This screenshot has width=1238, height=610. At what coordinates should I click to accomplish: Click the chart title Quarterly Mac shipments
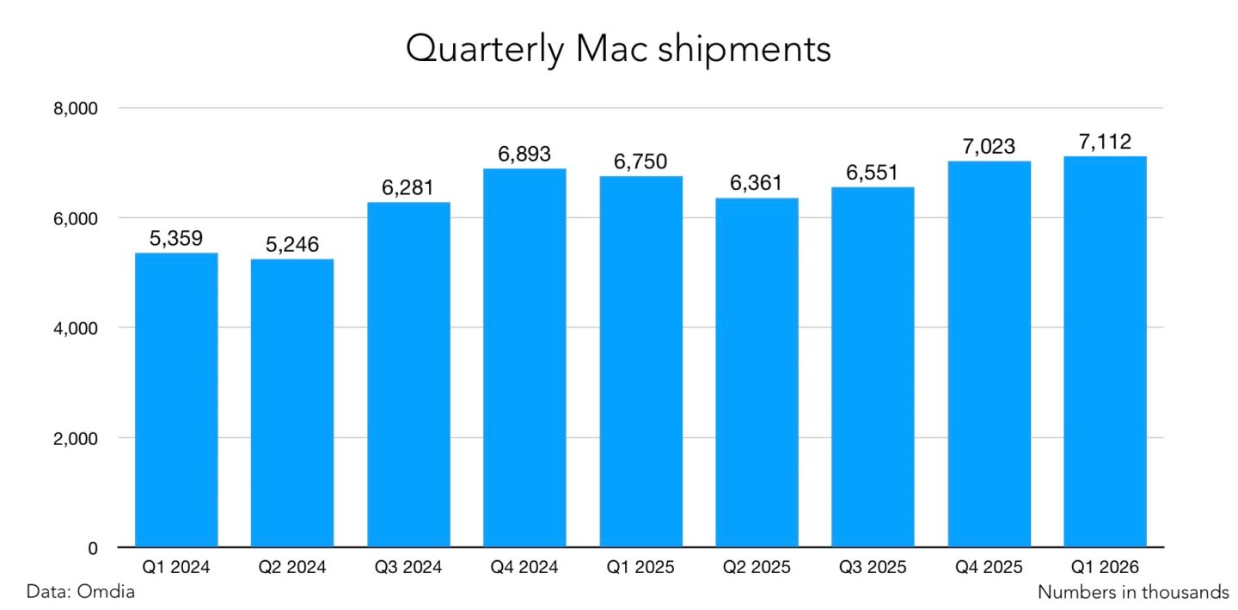click(x=618, y=50)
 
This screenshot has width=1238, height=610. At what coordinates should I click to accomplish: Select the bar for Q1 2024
click(x=176, y=400)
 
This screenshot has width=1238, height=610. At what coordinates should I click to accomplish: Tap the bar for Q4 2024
click(x=524, y=358)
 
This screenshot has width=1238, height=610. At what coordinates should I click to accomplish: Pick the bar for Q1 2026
click(x=1105, y=352)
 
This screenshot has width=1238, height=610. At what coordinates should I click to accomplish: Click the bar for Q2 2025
click(x=757, y=373)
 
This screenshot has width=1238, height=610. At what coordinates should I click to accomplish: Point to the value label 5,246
click(x=292, y=245)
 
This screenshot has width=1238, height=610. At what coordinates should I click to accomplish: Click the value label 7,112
click(x=1105, y=142)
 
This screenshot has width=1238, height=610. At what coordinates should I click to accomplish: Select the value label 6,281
click(x=408, y=188)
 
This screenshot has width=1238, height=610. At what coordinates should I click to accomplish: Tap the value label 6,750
click(x=640, y=162)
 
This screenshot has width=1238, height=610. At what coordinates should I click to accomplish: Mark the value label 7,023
click(x=989, y=147)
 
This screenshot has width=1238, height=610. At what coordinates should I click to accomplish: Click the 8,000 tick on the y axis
click(x=83, y=109)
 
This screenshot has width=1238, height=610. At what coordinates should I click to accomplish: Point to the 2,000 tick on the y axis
click(x=83, y=438)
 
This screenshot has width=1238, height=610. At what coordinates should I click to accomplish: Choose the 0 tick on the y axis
click(x=94, y=548)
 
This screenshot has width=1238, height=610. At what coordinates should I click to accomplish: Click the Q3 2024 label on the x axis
click(x=408, y=568)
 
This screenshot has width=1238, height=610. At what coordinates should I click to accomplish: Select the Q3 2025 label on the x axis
click(x=873, y=568)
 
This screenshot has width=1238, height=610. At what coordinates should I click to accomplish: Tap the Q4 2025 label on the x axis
click(x=989, y=568)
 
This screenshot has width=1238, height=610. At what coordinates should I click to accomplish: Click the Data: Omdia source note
click(x=81, y=592)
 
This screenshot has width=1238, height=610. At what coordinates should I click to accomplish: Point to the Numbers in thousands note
click(x=1133, y=592)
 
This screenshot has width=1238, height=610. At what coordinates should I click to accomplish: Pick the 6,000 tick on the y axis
click(x=83, y=219)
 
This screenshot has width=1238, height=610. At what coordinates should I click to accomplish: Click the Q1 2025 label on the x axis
click(x=640, y=568)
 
